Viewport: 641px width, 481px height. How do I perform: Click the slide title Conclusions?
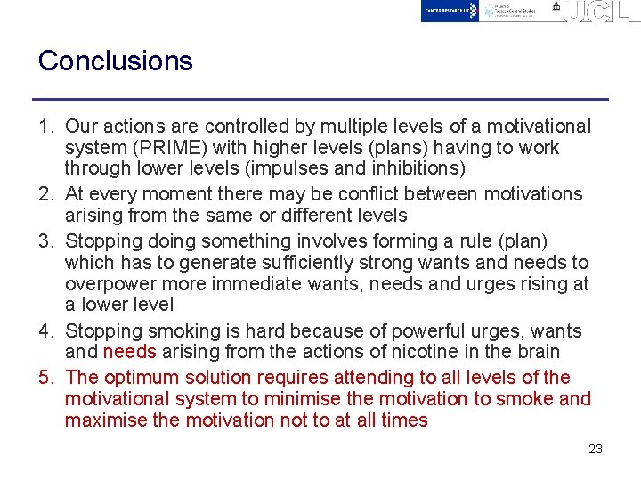tap(115, 61)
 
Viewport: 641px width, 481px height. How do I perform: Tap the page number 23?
tap(596, 449)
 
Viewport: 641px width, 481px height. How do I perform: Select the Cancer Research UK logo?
tap(450, 11)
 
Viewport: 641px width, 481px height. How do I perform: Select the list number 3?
tap(45, 241)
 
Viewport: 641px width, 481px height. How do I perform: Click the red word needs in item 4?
tap(129, 352)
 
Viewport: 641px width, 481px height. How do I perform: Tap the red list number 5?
tap(45, 378)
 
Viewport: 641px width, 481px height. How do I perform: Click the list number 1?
tap(45, 127)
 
